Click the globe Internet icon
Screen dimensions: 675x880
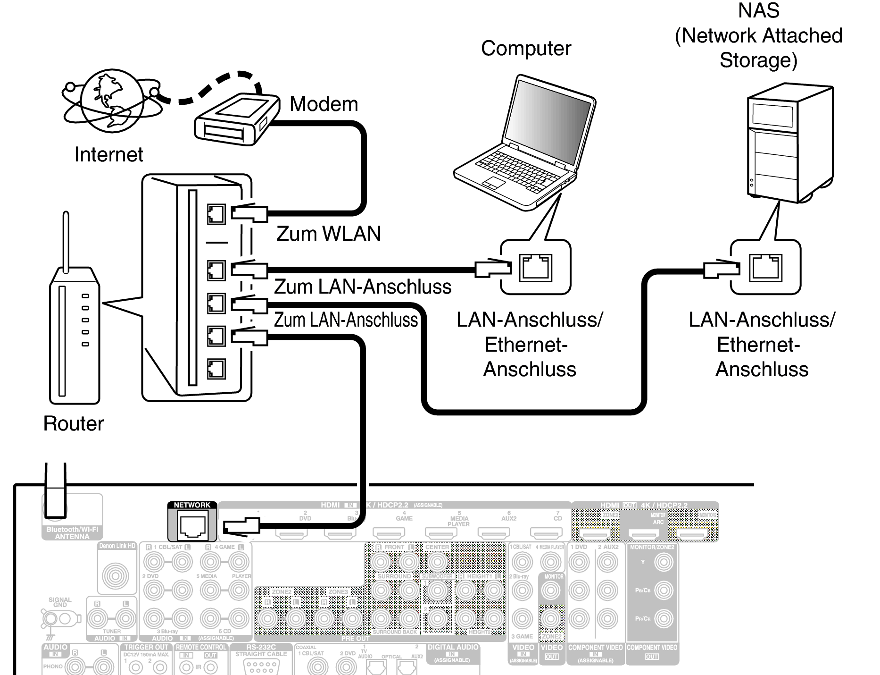111,101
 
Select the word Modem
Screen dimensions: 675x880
324,104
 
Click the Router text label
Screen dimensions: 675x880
74,423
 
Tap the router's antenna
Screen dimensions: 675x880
66,241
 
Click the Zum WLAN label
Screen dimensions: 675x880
328,234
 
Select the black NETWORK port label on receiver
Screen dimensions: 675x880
192,505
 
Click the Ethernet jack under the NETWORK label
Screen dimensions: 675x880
192,526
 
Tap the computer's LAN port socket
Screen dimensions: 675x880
535,268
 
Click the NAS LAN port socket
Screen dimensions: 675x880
765,268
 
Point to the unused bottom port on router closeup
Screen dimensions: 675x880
216,369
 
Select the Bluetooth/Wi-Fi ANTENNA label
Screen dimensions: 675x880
72,533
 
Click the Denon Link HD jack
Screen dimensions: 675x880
116,575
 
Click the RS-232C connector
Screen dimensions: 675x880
261,665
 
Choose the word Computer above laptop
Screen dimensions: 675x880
526,49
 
